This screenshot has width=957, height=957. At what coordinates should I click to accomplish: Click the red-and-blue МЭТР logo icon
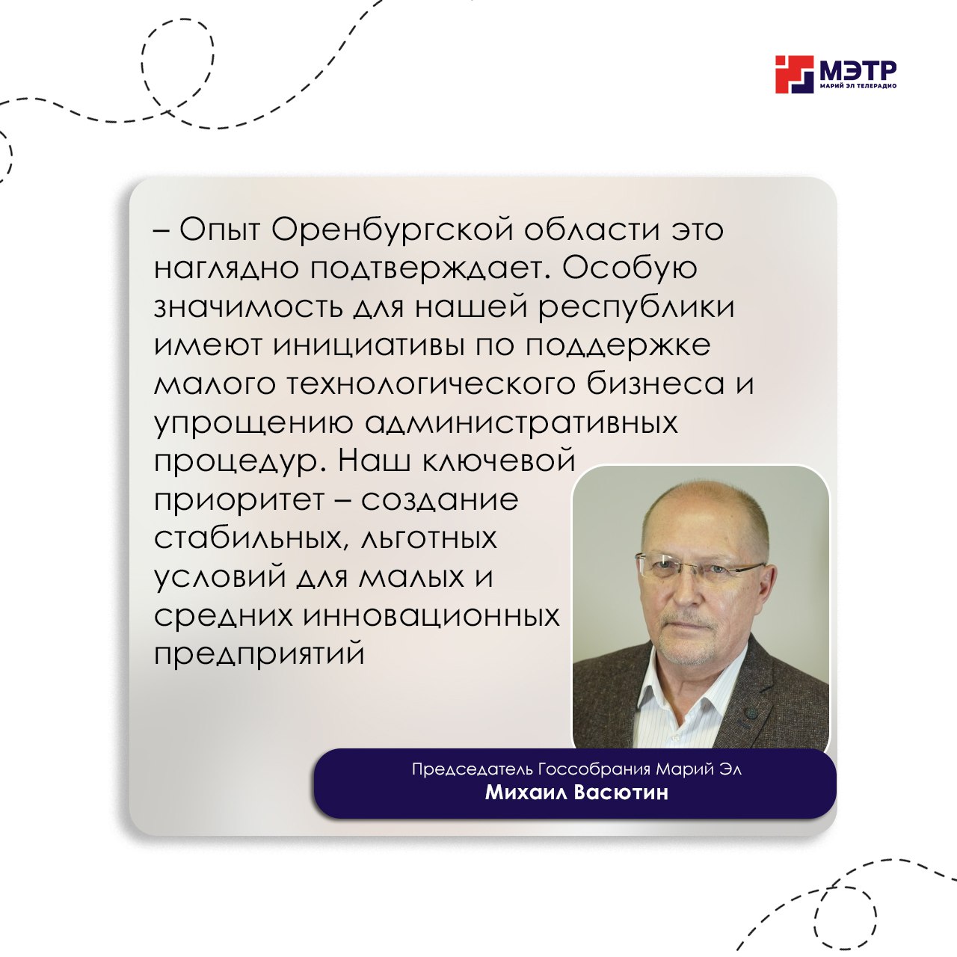pos(794,75)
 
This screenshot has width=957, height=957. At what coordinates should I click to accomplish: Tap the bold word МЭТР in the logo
pos(858,70)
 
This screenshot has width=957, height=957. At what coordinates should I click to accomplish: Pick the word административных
pos(521,425)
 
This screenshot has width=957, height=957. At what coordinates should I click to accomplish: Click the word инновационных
pos(431,617)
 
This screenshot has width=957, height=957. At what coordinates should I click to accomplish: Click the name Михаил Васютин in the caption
pos(576,792)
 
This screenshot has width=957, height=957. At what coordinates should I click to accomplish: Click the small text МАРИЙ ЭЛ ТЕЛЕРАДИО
pos(858,87)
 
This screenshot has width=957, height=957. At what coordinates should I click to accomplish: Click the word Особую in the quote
pos(630,268)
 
